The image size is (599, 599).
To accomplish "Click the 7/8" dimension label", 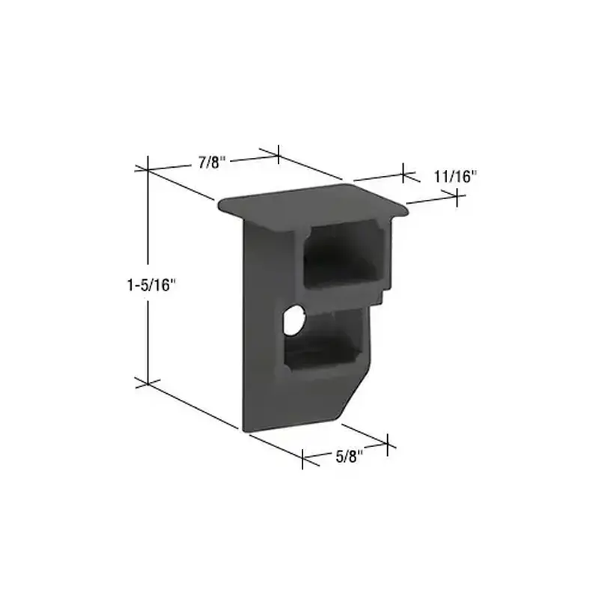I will pos(212,162).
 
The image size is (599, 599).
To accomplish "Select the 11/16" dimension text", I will pos(454,177).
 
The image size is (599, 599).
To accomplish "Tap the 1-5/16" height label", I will pos(150,285).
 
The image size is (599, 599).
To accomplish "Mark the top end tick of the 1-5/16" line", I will pos(148,166).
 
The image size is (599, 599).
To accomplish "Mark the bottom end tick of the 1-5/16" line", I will pos(148,383).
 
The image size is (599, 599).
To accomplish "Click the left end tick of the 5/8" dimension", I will pos(303,459).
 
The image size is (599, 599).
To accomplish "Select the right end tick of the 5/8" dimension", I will pos(387,444).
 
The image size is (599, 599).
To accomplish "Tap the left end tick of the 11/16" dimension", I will pos(404,174).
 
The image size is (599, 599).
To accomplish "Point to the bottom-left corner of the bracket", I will pos(244,428).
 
